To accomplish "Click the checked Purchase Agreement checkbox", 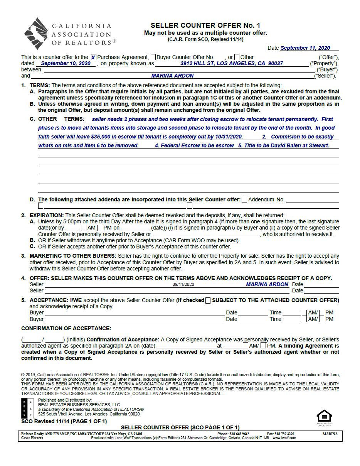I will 94,57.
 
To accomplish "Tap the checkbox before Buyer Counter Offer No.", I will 153,57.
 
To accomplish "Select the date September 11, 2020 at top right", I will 305,48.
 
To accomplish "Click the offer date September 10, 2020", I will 66,64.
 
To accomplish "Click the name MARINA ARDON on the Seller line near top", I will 172,76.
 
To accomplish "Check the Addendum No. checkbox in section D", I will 244,200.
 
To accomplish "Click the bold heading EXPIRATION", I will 47,215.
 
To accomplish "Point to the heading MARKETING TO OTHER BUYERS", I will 73,256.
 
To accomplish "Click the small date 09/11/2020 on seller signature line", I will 183,284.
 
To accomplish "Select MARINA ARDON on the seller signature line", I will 267,284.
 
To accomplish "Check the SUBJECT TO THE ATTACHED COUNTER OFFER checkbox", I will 208,301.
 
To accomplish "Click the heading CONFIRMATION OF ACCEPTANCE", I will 66,328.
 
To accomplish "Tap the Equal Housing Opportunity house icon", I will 324,416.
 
